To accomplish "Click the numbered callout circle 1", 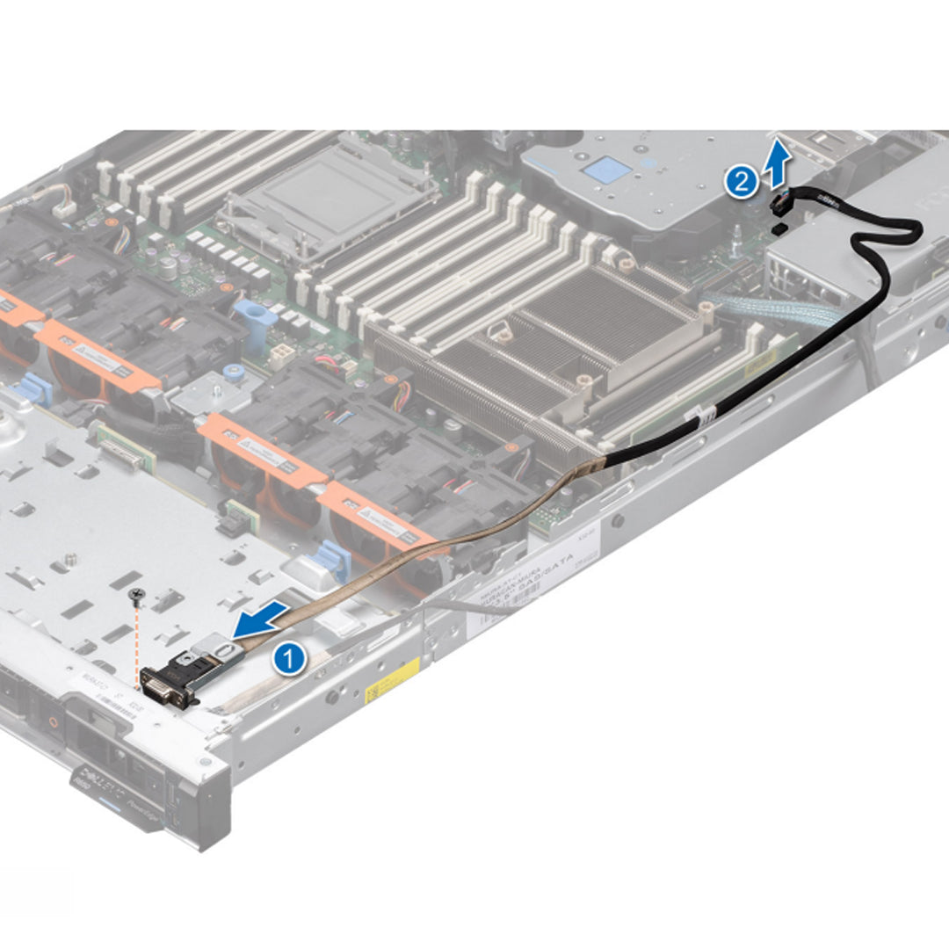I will pos(290,658).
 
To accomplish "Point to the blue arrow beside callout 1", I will pos(260,621).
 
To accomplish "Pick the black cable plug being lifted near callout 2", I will pos(779,205).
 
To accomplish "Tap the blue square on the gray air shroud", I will pos(604,170).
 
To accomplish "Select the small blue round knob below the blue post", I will pos(232,371).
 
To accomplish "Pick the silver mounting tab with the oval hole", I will pos(219,648).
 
